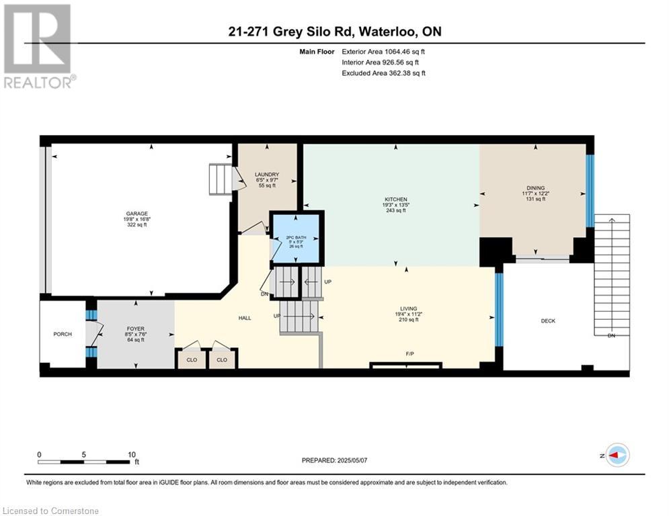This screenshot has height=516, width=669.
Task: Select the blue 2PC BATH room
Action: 297,239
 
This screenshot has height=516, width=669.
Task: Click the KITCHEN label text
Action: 396,200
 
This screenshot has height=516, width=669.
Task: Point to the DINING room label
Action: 535,188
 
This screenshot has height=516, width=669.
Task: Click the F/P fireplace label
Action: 409,353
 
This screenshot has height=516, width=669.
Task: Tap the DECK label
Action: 548,321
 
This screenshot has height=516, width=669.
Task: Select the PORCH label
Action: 63,334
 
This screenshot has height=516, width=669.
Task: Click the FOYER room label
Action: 136,329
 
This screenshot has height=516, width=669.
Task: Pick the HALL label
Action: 245,318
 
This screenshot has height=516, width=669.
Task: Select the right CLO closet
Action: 222,359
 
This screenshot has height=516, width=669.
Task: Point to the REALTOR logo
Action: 38,46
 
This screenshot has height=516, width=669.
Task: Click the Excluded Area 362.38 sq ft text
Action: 383,73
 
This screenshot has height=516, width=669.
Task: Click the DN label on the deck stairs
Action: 611,335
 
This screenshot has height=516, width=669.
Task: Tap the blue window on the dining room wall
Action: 590,191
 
